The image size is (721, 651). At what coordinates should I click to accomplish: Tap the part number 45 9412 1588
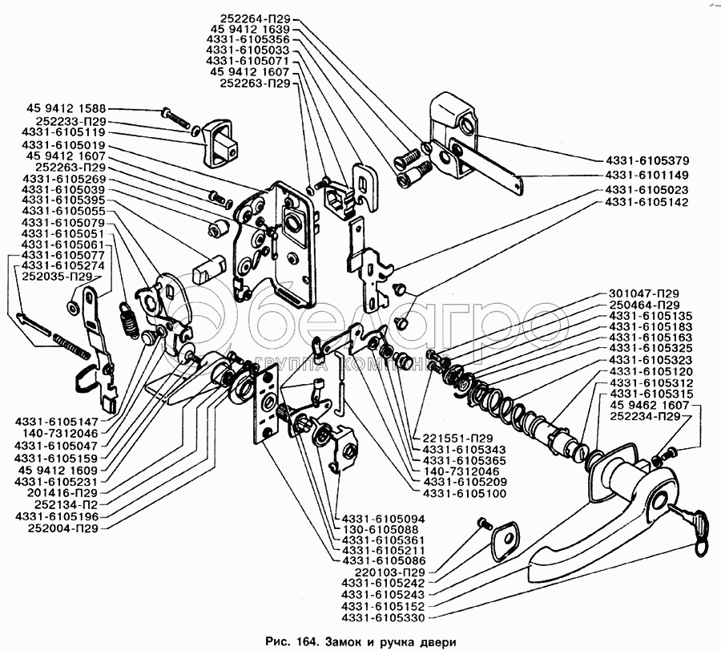tap(66, 109)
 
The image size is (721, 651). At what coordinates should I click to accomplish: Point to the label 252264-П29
tap(256, 19)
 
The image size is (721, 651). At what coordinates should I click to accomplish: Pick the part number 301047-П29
tap(644, 293)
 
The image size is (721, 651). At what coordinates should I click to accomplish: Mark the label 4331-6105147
tap(57, 422)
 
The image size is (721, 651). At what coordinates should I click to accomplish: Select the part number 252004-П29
tap(63, 528)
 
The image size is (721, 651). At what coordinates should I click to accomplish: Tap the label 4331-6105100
tap(465, 494)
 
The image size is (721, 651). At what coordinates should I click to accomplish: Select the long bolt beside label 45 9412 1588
tap(175, 118)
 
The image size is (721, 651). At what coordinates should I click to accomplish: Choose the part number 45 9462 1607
tap(650, 406)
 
